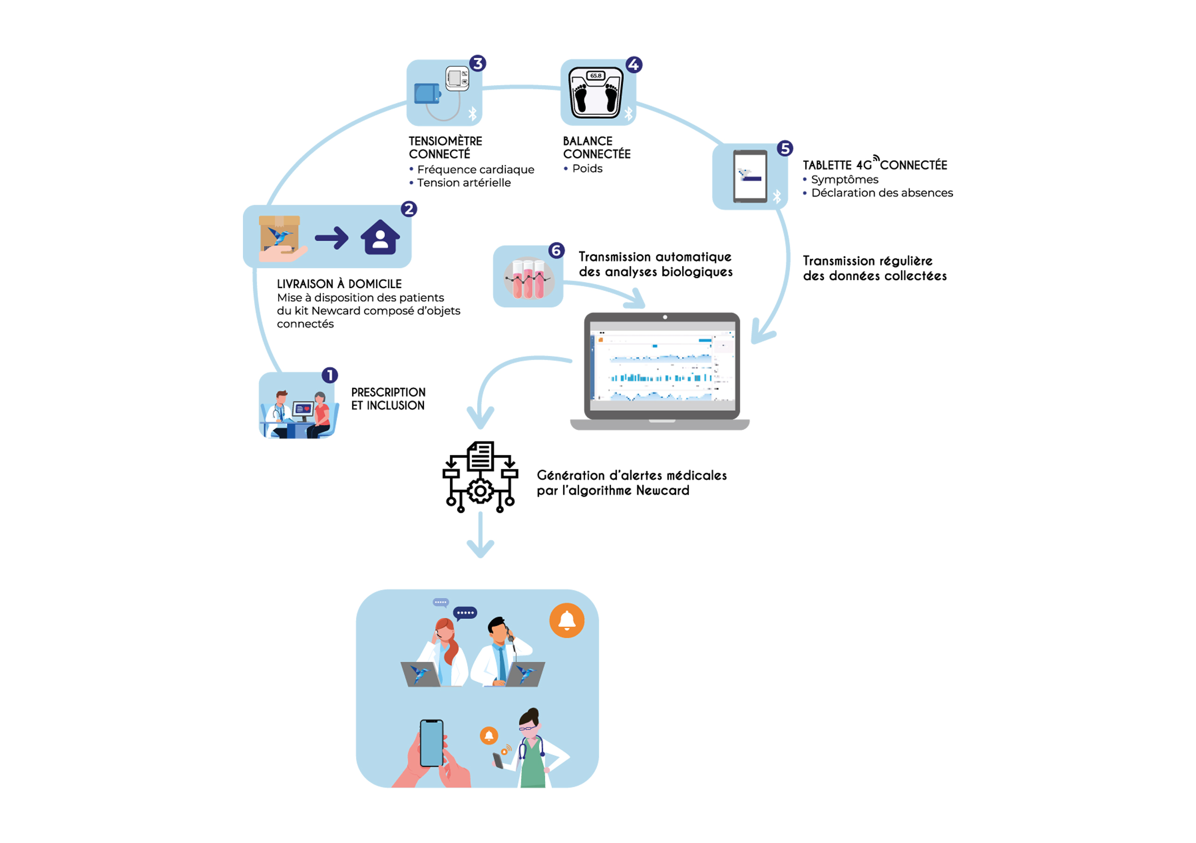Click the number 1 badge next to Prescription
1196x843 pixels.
(330, 375)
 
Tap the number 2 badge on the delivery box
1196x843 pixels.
(409, 209)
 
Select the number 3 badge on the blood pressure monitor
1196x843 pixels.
(477, 64)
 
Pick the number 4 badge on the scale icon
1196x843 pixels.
(634, 64)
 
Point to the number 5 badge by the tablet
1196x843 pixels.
(785, 149)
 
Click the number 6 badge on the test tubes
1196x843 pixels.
(556, 250)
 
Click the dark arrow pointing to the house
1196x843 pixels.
(332, 238)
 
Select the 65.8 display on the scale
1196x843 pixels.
(595, 76)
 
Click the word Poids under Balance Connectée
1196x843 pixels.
(587, 169)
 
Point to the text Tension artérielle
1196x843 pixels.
(463, 183)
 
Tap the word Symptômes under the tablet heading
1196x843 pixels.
(844, 180)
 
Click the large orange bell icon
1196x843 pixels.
(567, 620)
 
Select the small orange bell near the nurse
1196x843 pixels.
(489, 735)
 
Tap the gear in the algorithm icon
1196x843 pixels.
(480, 491)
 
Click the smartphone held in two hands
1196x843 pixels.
(431, 743)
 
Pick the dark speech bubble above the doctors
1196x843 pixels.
(465, 613)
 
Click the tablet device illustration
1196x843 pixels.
(750, 176)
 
